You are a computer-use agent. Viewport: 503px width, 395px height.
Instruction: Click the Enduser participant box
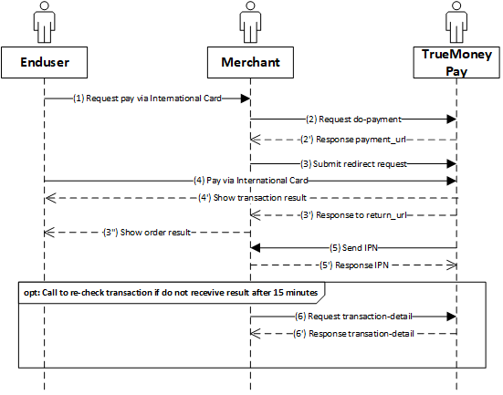coord(44,63)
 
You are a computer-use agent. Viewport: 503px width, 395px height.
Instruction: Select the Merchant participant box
coord(250,63)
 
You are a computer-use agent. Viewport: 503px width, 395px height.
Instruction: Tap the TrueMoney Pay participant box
coord(456,63)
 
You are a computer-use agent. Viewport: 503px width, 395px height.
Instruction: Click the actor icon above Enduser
coord(45,22)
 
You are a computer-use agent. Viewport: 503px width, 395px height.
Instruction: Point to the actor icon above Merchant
coord(250,22)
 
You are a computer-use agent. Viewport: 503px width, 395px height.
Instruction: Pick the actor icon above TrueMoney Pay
coord(456,22)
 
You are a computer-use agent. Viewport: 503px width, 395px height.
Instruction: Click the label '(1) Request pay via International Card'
coord(147,99)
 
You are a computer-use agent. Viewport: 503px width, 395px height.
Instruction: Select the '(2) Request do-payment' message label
coord(353,120)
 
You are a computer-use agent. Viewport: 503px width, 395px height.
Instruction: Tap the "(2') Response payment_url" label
coord(353,140)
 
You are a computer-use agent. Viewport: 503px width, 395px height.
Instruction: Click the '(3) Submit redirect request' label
coord(353,164)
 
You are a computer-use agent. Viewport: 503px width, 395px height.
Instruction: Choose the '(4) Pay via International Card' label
coord(250,181)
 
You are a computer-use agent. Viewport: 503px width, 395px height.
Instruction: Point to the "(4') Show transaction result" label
coord(253,198)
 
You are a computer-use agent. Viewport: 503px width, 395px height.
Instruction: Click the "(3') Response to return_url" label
coord(353,214)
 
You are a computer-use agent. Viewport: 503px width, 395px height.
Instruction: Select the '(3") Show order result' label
coord(147,232)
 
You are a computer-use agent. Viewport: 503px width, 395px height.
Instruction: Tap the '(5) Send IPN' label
coord(354,248)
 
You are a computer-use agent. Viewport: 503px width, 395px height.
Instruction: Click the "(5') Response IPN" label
coord(354,265)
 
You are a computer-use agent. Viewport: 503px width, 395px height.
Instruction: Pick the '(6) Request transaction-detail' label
coord(353,317)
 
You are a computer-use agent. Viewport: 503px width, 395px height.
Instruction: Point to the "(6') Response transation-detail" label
coord(353,334)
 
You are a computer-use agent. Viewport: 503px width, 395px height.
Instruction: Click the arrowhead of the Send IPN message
coord(256,248)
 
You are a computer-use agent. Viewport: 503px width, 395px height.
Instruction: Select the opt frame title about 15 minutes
coord(171,293)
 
